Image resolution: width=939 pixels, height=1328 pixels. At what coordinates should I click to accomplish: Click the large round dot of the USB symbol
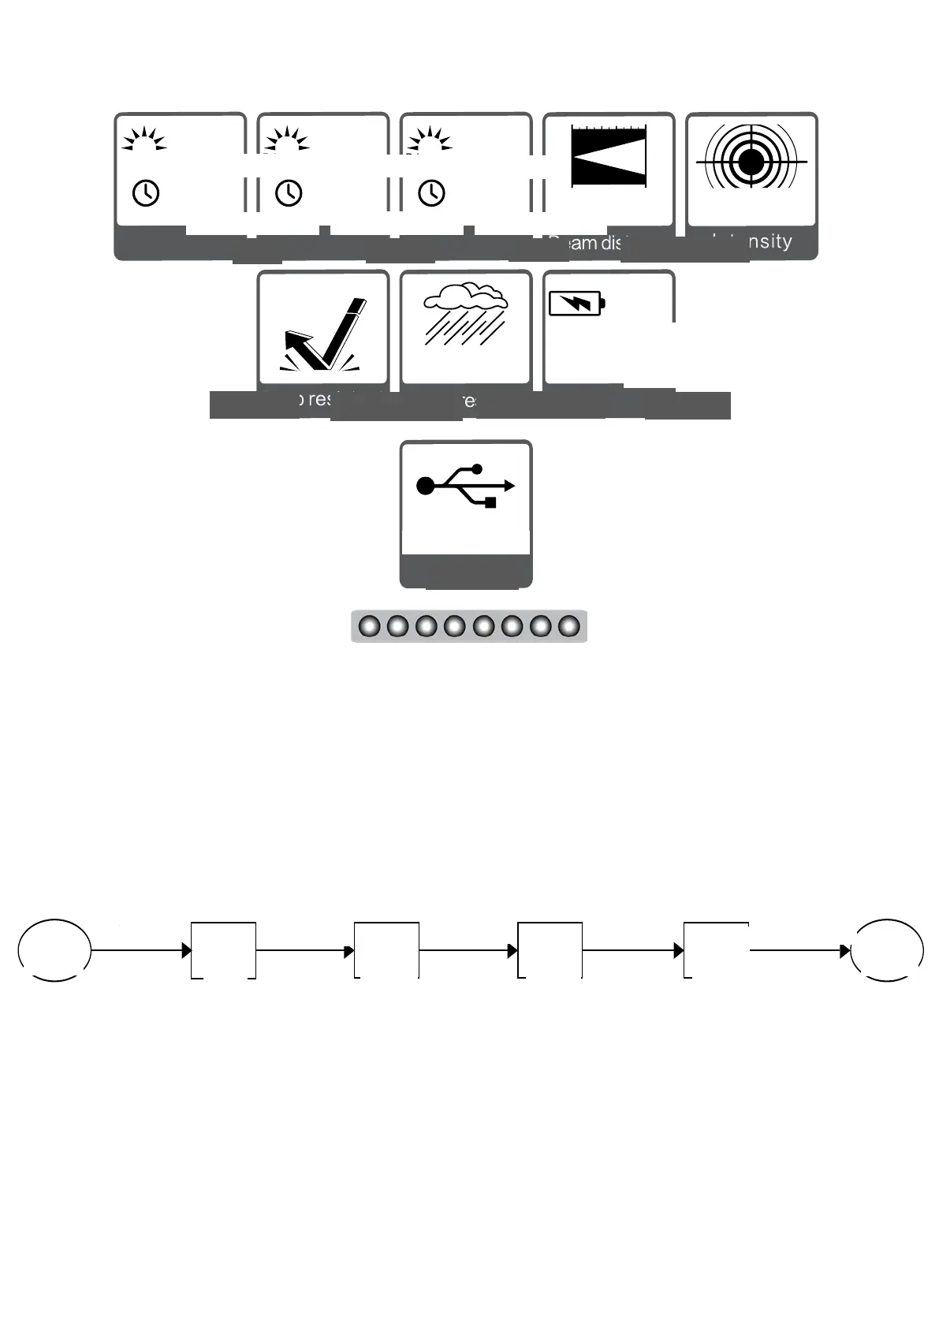[426, 486]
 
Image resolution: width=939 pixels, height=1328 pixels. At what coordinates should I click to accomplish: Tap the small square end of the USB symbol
[490, 502]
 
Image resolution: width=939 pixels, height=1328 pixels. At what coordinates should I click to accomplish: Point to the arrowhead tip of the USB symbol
[513, 486]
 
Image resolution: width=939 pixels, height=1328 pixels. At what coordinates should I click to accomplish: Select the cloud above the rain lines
[465, 297]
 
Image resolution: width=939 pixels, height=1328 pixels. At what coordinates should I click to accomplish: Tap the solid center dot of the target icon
[751, 162]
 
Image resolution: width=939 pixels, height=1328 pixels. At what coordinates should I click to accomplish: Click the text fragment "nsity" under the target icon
[769, 241]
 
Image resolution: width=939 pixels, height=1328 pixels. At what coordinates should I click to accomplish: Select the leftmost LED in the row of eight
[369, 627]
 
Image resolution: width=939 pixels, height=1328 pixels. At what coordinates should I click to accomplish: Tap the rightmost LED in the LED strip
[569, 627]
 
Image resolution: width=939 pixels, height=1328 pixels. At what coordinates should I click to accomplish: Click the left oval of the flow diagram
[54, 950]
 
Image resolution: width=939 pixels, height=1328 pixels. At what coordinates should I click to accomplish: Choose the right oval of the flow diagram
[888, 950]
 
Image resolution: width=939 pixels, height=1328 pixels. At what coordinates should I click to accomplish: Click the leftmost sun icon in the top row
[143, 140]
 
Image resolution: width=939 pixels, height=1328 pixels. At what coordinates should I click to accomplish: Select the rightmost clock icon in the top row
[431, 192]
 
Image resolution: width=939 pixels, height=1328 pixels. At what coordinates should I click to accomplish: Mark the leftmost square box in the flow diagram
[223, 950]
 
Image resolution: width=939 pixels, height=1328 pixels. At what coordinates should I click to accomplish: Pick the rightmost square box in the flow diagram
[716, 950]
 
